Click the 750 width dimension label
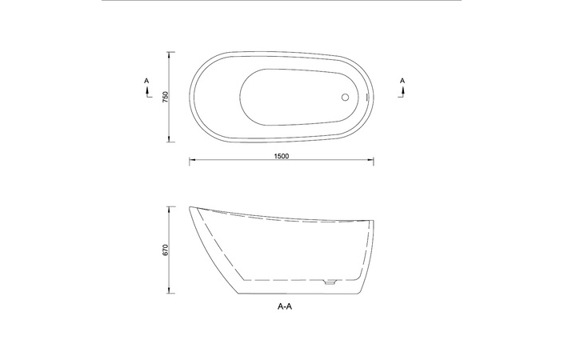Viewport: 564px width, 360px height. pos(166,97)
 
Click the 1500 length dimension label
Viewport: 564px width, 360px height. pos(282,156)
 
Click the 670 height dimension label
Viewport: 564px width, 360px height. pos(166,250)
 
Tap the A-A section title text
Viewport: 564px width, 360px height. pos(285,306)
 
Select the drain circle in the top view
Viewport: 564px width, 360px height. pos(345,97)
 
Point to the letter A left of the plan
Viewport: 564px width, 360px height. pos(146,81)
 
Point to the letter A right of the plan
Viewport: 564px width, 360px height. pos(402,81)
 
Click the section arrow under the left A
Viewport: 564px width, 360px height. pos(147,93)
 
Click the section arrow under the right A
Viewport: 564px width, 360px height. pos(402,93)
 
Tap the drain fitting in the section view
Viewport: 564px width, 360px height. pos(330,282)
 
